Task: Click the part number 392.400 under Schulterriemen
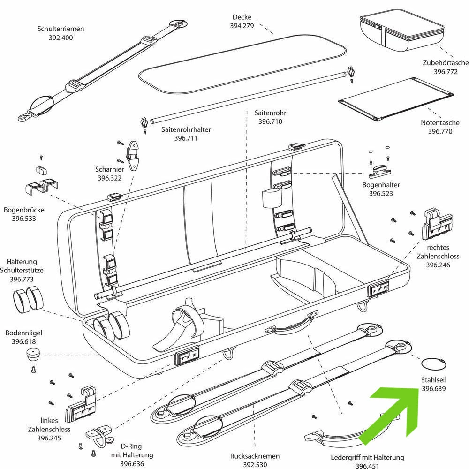point(61,38)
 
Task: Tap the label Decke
point(242,17)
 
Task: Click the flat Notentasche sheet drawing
point(394,98)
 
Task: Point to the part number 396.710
point(270,122)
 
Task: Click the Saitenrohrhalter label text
point(186,129)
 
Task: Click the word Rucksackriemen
point(255,456)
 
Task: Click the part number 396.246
point(438,265)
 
